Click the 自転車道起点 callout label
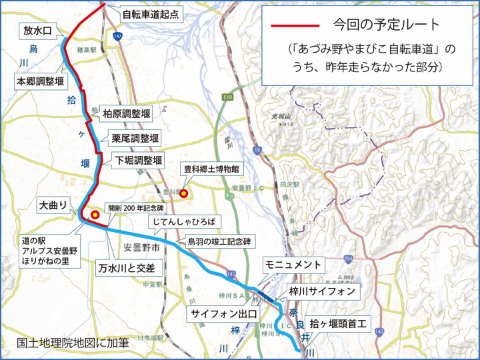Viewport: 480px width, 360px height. point(150,13)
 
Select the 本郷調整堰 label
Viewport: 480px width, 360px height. point(40,81)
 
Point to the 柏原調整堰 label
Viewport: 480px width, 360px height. point(126,114)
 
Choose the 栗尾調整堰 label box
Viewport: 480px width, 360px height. point(135,139)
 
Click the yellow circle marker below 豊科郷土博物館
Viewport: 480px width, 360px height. point(183,193)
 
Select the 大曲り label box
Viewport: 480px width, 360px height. point(53,207)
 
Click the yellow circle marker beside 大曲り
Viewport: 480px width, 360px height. point(95,215)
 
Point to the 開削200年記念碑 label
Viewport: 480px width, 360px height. point(135,208)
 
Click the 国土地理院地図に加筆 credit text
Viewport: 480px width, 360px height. point(73,343)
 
